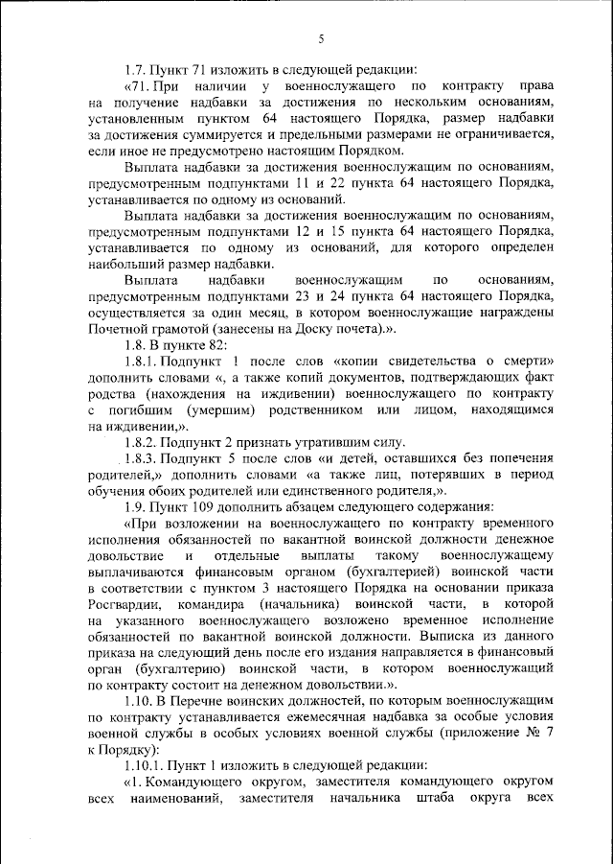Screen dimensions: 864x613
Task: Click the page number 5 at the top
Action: [x=322, y=39]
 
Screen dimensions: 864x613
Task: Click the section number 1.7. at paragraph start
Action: [x=138, y=69]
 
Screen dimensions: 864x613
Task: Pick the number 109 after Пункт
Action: [x=200, y=505]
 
